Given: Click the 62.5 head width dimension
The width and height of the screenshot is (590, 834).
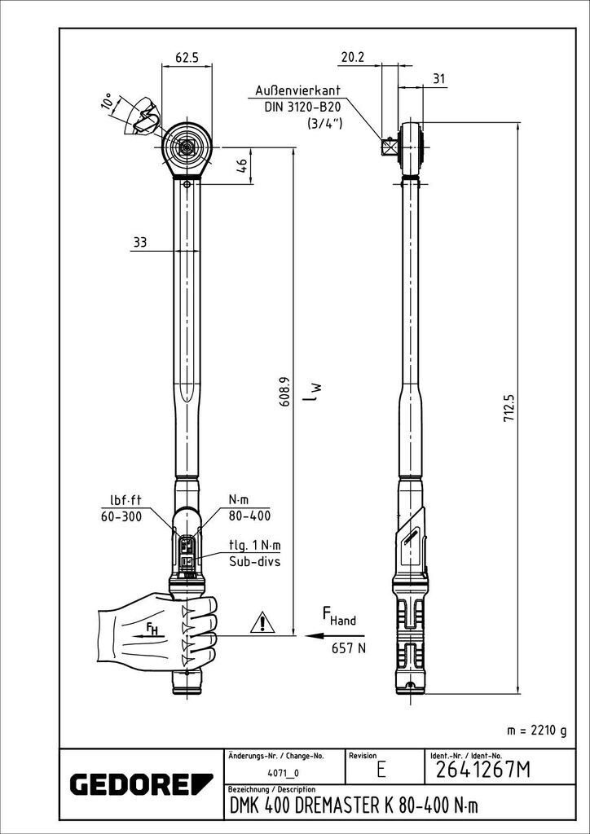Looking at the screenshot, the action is [187, 58].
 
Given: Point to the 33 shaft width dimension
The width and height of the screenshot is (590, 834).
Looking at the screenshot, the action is [139, 243].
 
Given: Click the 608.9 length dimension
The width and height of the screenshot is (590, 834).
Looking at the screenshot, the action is [283, 392].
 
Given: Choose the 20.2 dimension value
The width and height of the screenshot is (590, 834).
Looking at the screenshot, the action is [352, 58].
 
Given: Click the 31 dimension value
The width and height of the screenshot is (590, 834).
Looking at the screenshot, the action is [439, 79].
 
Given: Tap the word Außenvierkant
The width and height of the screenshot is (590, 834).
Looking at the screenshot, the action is [297, 90].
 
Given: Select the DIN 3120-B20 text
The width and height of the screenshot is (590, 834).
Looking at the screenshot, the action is [302, 107].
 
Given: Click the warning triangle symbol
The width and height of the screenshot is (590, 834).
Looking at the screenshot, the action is [262, 621].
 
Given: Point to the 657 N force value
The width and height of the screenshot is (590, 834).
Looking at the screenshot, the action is [349, 648].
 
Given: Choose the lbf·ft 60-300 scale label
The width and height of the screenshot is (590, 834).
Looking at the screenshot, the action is [121, 508].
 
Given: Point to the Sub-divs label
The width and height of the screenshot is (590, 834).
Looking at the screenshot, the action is [255, 561].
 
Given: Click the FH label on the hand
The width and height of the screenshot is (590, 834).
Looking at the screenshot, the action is [152, 630].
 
